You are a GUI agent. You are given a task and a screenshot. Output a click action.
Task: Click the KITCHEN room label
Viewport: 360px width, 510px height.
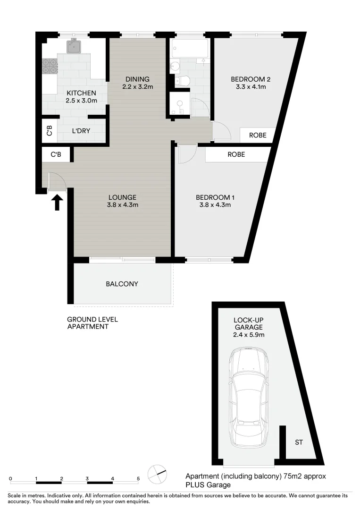(x=82, y=93)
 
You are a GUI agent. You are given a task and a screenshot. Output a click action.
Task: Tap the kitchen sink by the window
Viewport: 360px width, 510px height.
(x=75, y=46)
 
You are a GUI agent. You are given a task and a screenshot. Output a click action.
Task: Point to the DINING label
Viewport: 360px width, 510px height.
(x=137, y=79)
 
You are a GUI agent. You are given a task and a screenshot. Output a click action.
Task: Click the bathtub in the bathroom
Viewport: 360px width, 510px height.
(x=188, y=48)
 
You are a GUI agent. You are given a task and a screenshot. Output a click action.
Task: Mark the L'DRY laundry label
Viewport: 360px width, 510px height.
(x=81, y=132)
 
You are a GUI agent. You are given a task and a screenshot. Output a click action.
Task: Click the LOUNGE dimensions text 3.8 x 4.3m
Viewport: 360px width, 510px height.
(x=122, y=205)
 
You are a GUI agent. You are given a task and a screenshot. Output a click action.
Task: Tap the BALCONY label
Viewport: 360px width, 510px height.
(x=122, y=284)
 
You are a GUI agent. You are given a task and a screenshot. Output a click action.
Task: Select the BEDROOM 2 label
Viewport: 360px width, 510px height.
(x=250, y=79)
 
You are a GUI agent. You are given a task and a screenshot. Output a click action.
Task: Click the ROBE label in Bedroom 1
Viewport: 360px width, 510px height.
(x=236, y=154)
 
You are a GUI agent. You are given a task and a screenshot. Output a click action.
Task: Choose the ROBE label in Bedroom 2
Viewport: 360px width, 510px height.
(x=257, y=135)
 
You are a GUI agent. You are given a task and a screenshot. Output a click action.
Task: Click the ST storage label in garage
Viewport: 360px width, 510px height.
(x=299, y=442)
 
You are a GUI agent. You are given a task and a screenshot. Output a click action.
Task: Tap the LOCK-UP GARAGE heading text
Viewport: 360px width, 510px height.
(x=249, y=323)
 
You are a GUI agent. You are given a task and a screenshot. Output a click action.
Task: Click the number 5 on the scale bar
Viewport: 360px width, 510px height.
(x=138, y=478)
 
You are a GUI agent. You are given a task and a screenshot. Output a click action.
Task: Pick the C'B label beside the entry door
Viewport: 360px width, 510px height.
(x=56, y=154)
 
